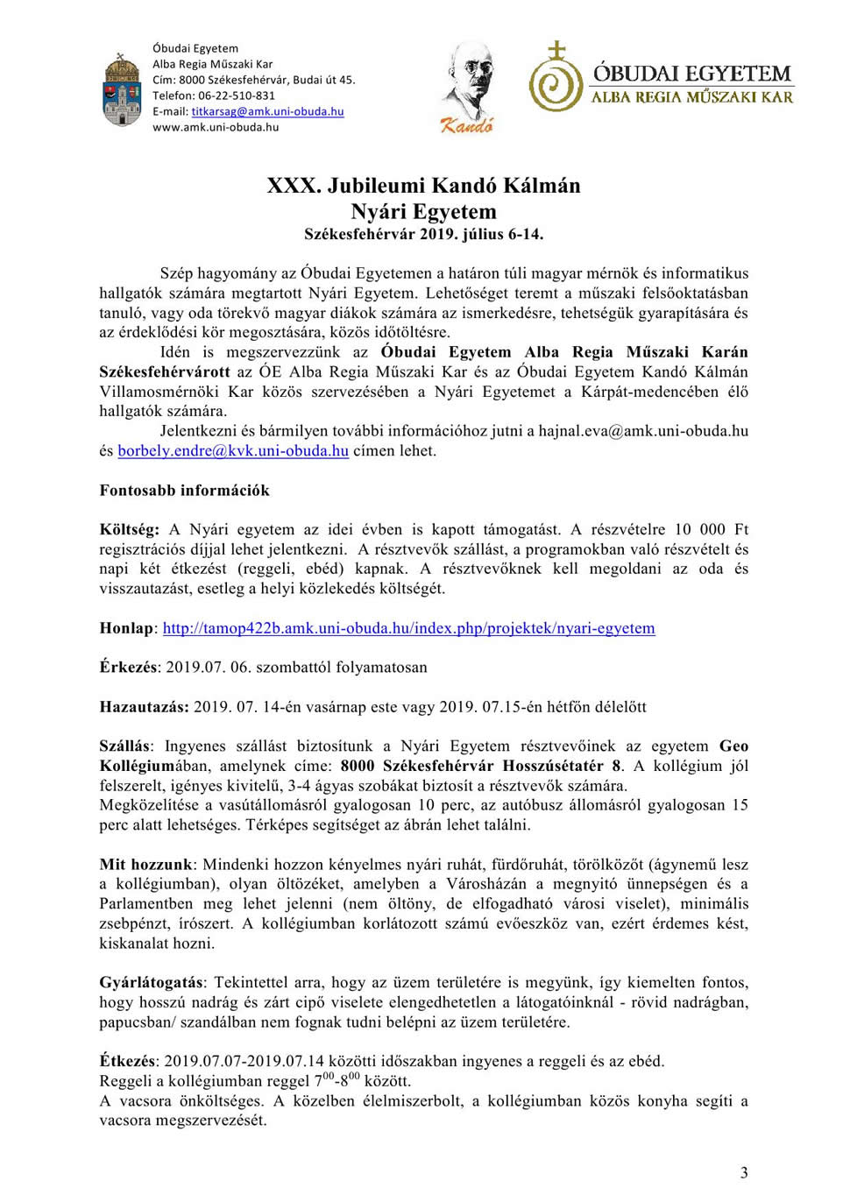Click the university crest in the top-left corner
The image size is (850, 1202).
[122, 89]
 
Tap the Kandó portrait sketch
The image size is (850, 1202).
[468, 86]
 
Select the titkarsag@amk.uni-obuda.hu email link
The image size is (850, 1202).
[267, 111]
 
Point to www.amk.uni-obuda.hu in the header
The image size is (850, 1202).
[216, 127]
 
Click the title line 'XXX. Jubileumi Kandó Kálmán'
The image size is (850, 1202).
[423, 186]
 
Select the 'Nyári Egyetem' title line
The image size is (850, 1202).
[423, 212]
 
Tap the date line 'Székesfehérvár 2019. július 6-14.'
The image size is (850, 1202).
[423, 234]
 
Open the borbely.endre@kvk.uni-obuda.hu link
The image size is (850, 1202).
[233, 451]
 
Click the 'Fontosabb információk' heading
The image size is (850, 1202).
[184, 491]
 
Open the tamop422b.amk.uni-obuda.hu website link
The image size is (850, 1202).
[408, 628]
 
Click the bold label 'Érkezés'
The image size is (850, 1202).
[128, 668]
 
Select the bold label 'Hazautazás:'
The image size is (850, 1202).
[144, 707]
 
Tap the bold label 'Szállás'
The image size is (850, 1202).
[125, 746]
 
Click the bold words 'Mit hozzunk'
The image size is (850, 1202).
[145, 865]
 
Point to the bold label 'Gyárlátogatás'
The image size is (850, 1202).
[151, 983]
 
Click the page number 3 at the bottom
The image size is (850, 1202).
[744, 1173]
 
